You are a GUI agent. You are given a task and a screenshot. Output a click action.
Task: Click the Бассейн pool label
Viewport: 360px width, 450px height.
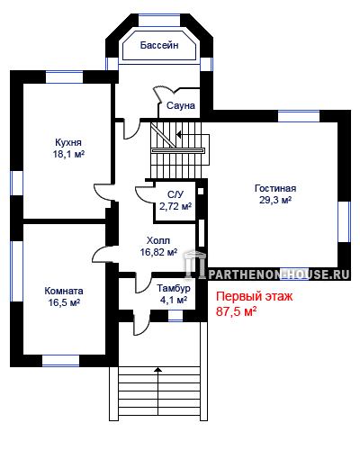(x=159, y=45)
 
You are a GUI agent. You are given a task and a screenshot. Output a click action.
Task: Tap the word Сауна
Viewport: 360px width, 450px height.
(x=181, y=105)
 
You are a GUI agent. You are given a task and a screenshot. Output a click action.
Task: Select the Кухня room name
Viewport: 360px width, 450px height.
(x=68, y=142)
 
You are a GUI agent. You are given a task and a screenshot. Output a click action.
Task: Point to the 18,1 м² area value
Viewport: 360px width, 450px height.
(x=68, y=154)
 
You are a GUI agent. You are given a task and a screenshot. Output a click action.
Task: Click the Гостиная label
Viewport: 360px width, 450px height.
(x=275, y=188)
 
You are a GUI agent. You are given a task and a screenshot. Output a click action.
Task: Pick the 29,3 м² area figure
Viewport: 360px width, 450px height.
(x=275, y=200)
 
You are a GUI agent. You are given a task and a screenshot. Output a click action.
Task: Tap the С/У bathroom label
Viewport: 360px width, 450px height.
(x=175, y=194)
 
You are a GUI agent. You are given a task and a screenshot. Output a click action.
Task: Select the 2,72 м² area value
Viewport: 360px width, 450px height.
(x=175, y=206)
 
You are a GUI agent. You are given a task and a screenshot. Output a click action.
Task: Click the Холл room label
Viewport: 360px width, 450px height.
(x=158, y=240)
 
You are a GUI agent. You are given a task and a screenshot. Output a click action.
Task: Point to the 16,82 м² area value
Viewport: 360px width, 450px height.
(x=158, y=252)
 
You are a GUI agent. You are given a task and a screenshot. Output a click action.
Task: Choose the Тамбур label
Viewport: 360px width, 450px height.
(x=174, y=288)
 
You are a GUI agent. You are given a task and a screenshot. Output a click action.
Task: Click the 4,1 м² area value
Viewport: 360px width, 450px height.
(x=174, y=300)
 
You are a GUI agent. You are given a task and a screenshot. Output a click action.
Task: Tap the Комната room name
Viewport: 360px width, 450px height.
(x=64, y=291)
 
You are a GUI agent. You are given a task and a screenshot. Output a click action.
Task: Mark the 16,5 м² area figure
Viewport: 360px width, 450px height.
(x=64, y=302)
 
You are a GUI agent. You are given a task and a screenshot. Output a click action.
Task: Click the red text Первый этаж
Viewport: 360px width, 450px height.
(x=254, y=296)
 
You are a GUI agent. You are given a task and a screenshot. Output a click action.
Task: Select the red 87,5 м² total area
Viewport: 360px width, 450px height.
(x=236, y=311)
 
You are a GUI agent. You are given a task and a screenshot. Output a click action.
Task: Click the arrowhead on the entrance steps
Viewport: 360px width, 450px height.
(x=158, y=370)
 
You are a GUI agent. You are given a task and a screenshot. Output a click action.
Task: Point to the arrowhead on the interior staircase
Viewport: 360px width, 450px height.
(x=178, y=134)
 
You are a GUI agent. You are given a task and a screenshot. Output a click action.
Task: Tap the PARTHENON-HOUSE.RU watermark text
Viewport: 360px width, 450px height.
(x=279, y=274)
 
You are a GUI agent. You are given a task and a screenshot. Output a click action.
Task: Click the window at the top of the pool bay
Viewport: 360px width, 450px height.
(x=159, y=20)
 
